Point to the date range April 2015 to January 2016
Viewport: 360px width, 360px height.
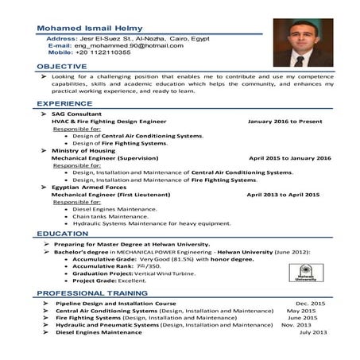[288, 157]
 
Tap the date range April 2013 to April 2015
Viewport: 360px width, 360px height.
[287, 193]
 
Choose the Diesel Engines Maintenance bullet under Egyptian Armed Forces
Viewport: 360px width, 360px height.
[114, 209]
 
